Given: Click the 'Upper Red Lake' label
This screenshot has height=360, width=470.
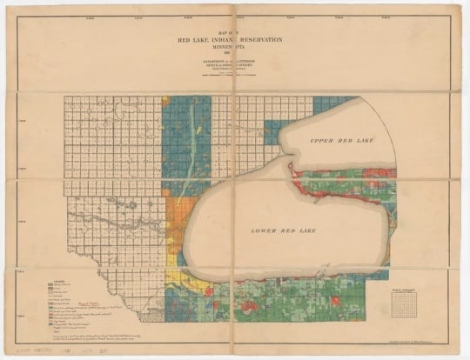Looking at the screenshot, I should tap(339, 139).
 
